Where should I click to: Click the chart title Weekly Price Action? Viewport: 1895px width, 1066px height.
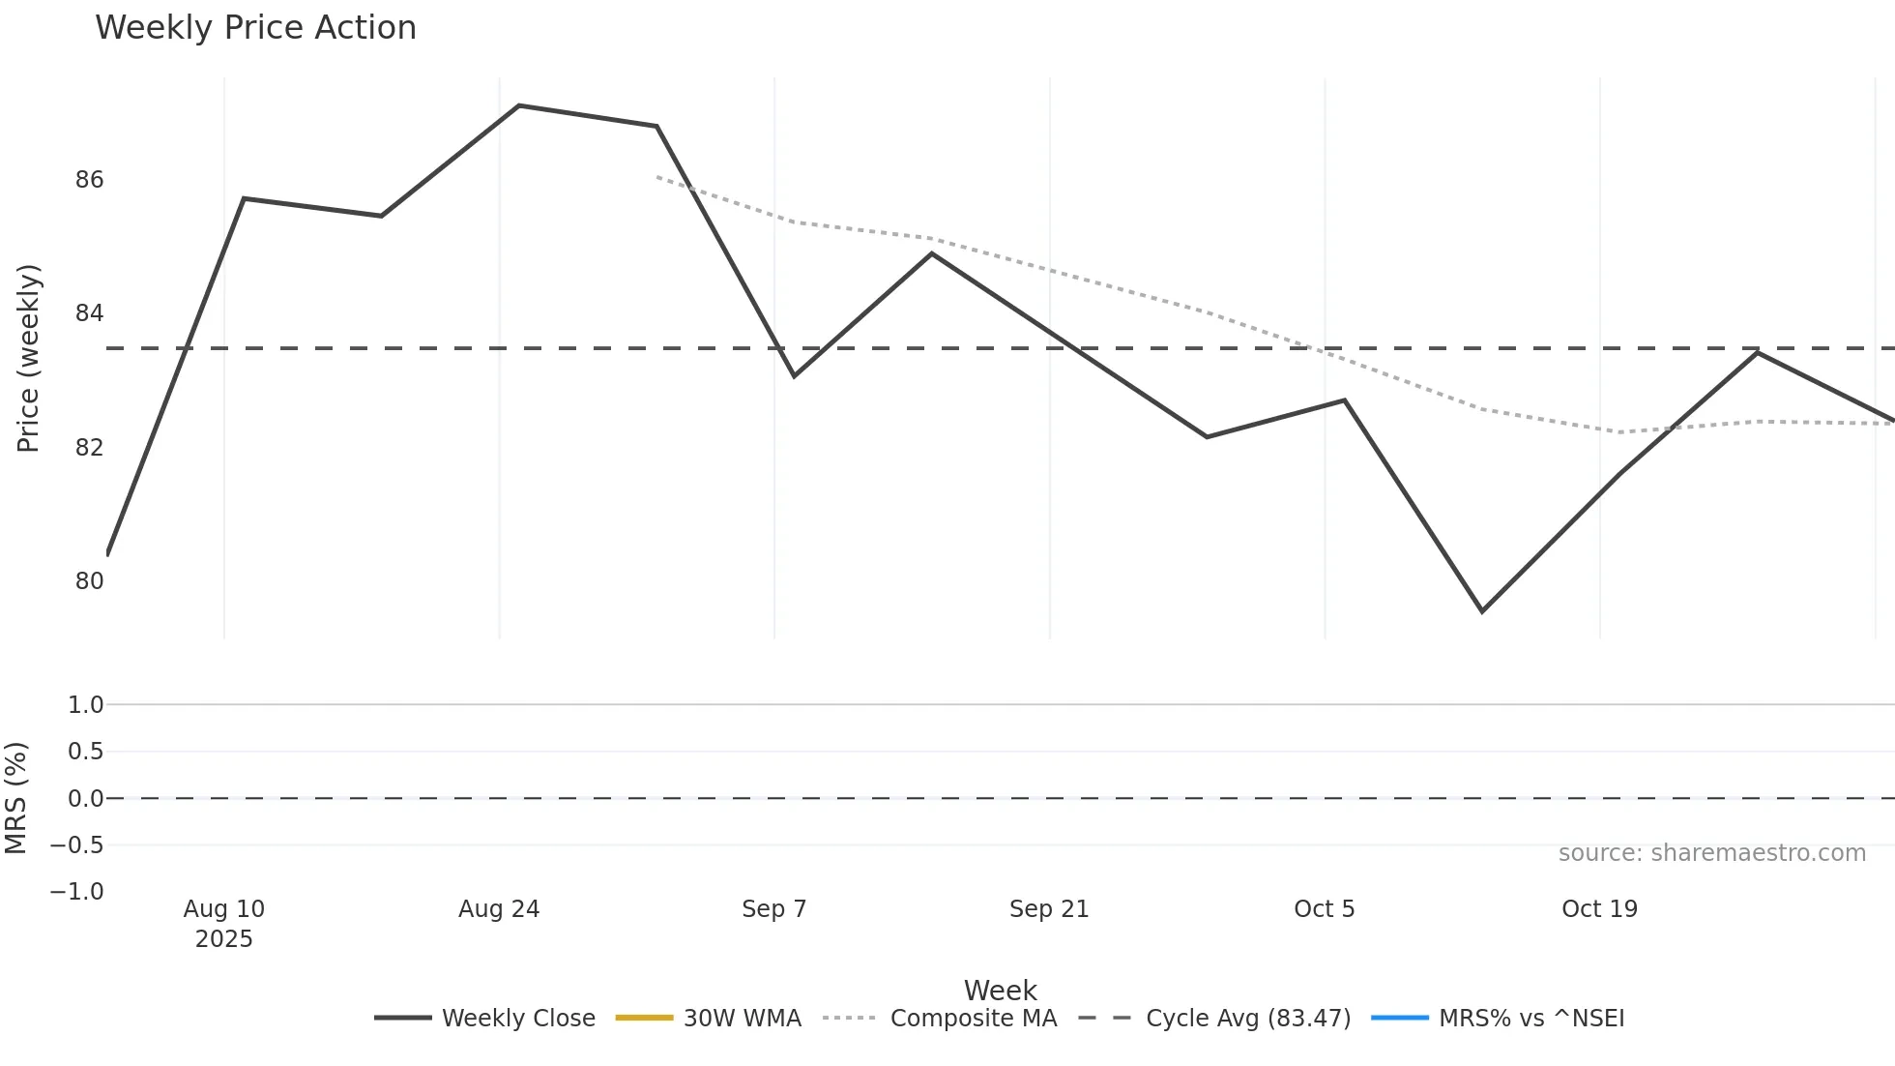(x=255, y=28)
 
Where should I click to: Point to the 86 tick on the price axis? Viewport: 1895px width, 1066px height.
(x=89, y=180)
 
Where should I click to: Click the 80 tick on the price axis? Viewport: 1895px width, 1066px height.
(x=89, y=581)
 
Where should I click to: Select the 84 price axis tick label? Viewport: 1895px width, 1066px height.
(x=89, y=313)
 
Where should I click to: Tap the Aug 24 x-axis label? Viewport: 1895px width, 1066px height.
(x=499, y=909)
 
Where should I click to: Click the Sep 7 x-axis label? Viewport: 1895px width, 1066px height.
(x=773, y=909)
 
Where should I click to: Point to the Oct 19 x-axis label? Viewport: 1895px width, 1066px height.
(x=1599, y=909)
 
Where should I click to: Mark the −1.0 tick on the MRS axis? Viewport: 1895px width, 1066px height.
(x=77, y=891)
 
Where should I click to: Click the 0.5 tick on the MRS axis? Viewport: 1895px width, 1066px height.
(x=85, y=752)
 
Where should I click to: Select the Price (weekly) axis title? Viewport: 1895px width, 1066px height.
(x=28, y=358)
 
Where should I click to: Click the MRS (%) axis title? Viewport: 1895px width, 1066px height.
(x=16, y=798)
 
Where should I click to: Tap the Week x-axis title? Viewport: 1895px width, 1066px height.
(x=1000, y=991)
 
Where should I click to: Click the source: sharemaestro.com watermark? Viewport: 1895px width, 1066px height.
(x=1711, y=853)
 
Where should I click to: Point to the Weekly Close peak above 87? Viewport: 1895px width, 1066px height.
(x=519, y=105)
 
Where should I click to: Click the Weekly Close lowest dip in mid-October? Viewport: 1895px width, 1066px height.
(x=1482, y=611)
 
